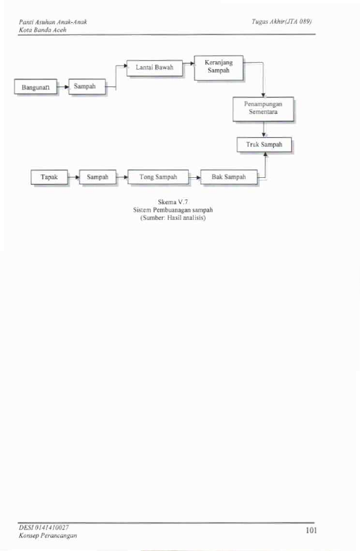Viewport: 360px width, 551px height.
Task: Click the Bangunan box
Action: [x=35, y=86]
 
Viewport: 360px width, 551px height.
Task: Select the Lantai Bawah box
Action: [x=154, y=68]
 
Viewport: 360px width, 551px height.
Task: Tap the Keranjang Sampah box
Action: [x=219, y=68]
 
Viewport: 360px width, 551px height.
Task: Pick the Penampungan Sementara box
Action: [x=263, y=109]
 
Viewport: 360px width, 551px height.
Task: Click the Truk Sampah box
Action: [x=264, y=144]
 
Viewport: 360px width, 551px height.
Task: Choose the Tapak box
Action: [x=49, y=177]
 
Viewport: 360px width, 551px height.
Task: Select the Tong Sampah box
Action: [x=158, y=177]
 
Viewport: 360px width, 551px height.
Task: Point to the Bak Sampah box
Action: [x=229, y=177]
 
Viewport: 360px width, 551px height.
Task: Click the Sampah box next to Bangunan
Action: [x=87, y=86]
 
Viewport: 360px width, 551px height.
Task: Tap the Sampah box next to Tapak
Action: [x=98, y=177]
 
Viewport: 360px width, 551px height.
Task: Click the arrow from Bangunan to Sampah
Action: [x=63, y=86]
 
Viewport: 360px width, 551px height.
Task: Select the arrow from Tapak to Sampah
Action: [x=74, y=177]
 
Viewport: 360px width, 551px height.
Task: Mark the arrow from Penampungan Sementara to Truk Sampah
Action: [x=263, y=130]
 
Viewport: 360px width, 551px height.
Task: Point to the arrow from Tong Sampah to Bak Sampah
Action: [x=194, y=177]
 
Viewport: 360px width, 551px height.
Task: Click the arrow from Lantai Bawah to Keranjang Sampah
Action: [x=189, y=63]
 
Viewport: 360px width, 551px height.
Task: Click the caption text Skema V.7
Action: [x=172, y=201]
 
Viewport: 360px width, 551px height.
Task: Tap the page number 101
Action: [x=312, y=530]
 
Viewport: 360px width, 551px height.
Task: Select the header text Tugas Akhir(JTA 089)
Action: [x=281, y=21]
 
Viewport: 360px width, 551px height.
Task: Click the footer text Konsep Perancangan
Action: [x=48, y=536]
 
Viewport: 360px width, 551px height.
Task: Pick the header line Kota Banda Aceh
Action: [x=43, y=30]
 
